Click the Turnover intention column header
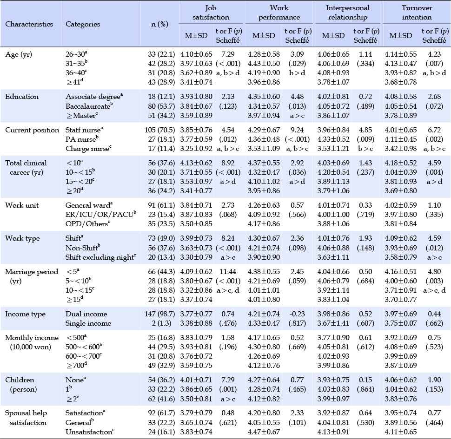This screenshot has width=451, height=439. tap(417, 13)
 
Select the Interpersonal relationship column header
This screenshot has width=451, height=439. tap(347, 13)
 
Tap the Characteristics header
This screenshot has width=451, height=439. tap(29, 24)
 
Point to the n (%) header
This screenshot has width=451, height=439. tap(159, 24)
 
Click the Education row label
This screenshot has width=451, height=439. tap(22, 97)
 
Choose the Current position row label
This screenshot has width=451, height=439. tap(32, 130)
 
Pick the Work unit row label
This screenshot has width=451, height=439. tap(22, 205)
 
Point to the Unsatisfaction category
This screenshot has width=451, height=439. tap(90, 432)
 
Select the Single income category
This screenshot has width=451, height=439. tap(88, 323)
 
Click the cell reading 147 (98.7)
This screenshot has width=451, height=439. tap(159, 314)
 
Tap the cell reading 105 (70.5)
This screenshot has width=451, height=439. tap(159, 130)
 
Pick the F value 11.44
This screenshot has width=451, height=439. tap(228, 271)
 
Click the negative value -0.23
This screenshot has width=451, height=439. tap(297, 314)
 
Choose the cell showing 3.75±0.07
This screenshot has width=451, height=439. tap(401, 323)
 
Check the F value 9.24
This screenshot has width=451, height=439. tap(297, 130)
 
